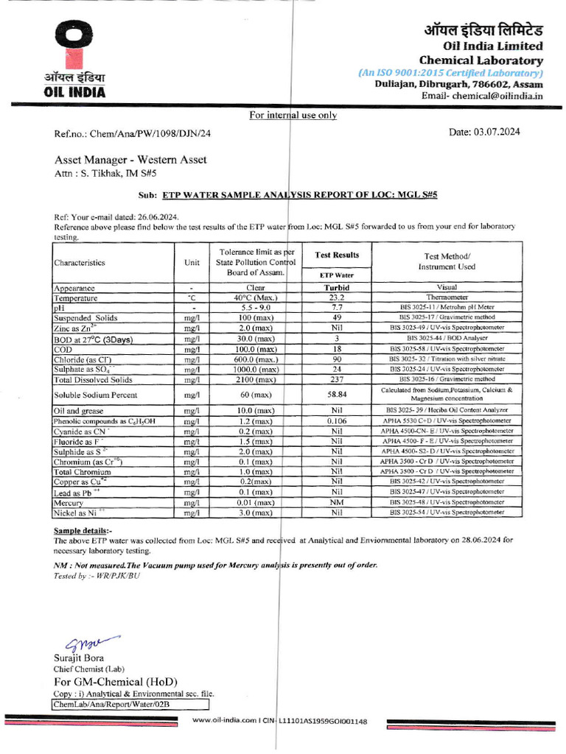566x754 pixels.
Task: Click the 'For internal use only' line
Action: coord(293,115)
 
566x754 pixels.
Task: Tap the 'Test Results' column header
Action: coord(337,255)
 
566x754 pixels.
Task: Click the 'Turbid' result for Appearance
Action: coord(337,288)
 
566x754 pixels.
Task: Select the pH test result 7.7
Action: coord(337,308)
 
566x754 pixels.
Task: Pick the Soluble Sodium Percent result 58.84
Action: coord(337,395)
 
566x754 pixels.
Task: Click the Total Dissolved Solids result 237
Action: coord(337,379)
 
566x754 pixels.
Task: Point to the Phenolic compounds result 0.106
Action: coord(337,420)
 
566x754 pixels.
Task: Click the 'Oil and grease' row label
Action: coord(78,410)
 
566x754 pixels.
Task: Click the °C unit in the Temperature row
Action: coord(191,298)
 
